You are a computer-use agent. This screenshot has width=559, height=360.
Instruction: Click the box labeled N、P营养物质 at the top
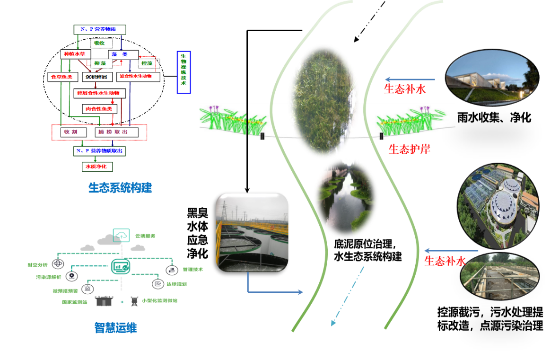point(99,29)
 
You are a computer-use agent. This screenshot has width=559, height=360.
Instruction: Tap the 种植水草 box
point(75,54)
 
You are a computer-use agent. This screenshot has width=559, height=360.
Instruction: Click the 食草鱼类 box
point(62,77)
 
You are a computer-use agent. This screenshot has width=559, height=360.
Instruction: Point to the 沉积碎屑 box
point(97,77)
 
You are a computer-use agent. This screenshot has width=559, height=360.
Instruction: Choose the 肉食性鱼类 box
point(99,109)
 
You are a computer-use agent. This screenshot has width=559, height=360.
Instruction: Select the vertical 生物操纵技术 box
point(183,72)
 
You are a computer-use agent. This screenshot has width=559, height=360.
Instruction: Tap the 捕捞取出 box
point(117,132)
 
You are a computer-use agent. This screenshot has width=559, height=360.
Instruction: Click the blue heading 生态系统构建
point(120,188)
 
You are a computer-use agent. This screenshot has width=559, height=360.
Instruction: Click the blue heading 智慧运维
point(115,327)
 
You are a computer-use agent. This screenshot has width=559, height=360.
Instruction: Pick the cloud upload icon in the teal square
point(121,235)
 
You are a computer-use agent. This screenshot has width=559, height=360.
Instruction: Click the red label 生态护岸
point(409,149)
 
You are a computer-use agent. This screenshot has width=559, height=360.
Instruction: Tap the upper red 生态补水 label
point(405,89)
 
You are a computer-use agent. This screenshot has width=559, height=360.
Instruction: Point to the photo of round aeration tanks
point(252,232)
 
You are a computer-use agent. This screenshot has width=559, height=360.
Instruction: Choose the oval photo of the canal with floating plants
point(346,197)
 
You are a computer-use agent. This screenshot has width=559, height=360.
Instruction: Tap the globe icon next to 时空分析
point(58,264)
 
